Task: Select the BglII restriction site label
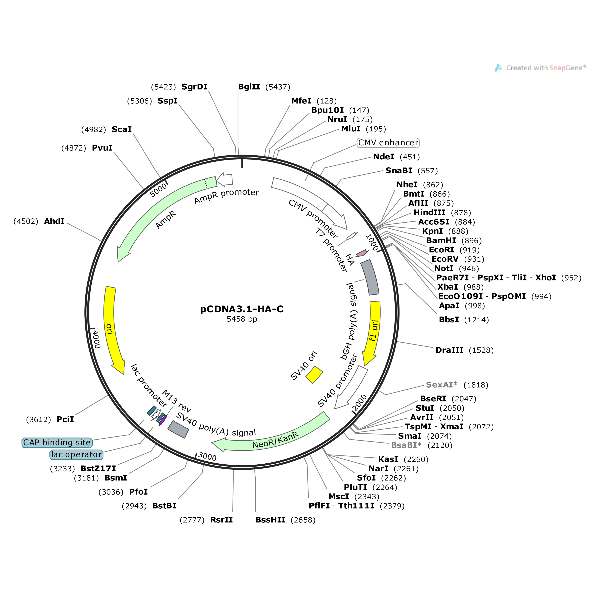click(249, 87)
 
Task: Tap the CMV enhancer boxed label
click(388, 142)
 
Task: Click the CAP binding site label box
click(57, 443)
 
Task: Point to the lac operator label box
click(76, 455)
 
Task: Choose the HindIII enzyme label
click(429, 213)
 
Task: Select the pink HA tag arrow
click(362, 253)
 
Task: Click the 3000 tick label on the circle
click(207, 456)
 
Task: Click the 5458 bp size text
click(242, 319)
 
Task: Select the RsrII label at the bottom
click(221, 520)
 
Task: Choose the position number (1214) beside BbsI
click(476, 320)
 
